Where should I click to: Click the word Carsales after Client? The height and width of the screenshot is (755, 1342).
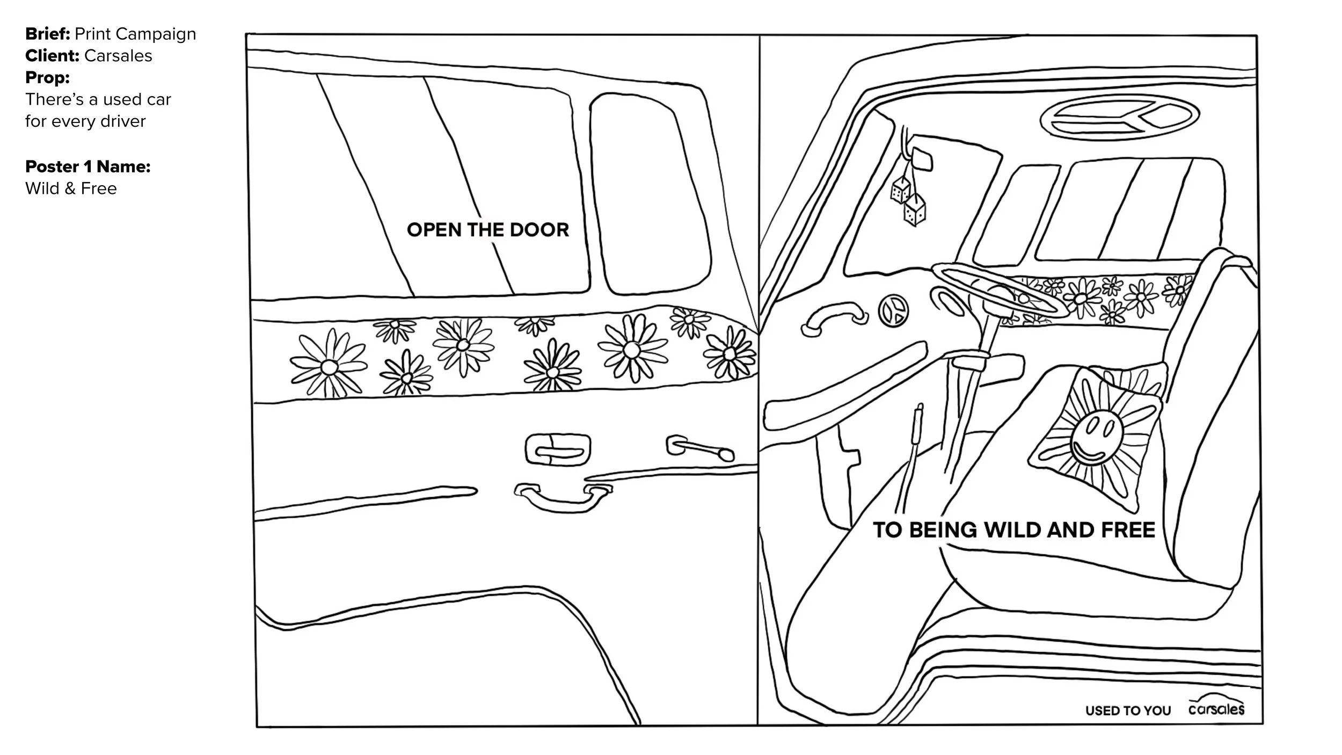118,56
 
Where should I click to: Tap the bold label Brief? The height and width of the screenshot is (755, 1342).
47,34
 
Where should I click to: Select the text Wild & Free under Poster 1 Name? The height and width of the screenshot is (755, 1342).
71,188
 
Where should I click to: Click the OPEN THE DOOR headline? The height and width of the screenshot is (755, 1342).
487,230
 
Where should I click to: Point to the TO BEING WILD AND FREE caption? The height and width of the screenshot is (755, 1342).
1013,530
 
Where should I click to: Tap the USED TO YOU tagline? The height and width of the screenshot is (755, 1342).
1128,711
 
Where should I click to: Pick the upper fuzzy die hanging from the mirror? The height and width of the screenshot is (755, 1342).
900,190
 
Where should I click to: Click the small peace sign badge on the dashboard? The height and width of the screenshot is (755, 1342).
893,312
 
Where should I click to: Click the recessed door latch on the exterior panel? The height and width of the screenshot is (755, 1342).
557,449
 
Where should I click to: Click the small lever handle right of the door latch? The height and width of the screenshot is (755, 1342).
701,448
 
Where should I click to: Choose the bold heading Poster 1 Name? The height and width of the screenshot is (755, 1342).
87,166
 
